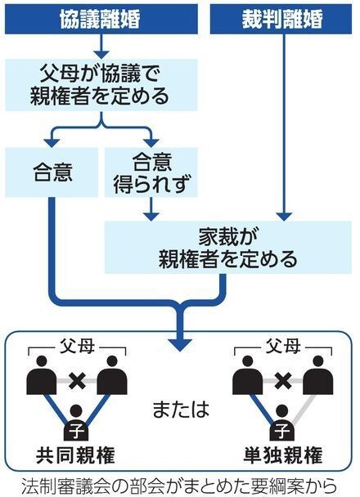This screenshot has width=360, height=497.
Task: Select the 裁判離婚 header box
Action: (282, 18)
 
